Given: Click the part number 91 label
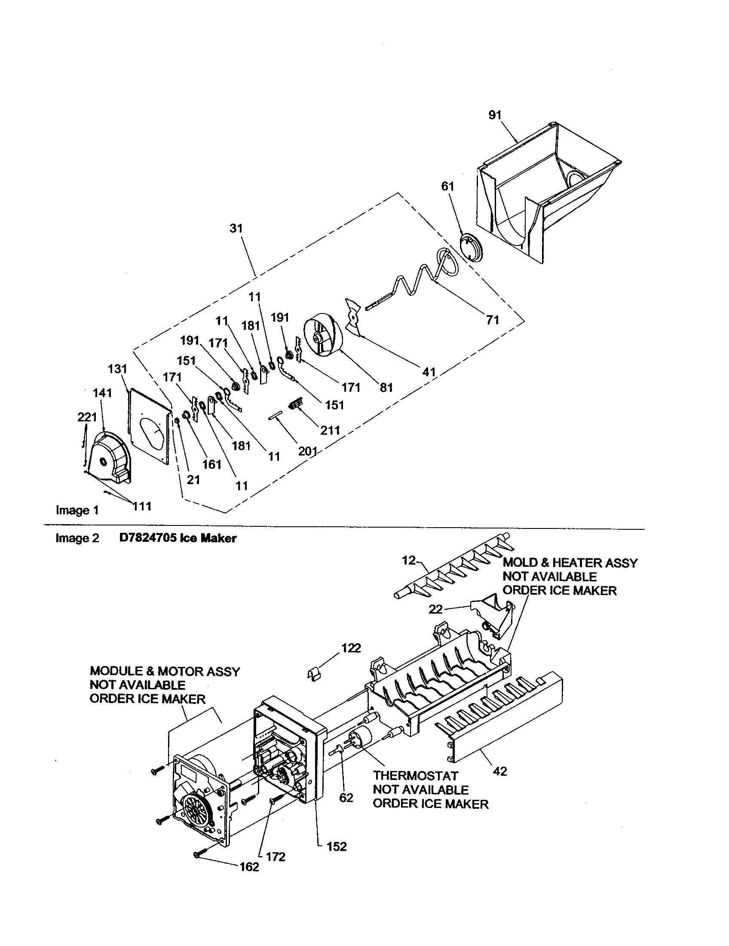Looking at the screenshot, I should (x=495, y=115).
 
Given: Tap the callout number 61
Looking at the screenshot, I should (x=447, y=186).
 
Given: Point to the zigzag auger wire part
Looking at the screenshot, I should (x=416, y=282).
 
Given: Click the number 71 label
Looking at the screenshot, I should (x=493, y=320).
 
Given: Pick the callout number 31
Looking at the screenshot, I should (x=236, y=228).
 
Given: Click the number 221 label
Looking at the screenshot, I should (x=87, y=417).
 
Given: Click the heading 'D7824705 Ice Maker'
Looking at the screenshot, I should (x=178, y=538).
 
